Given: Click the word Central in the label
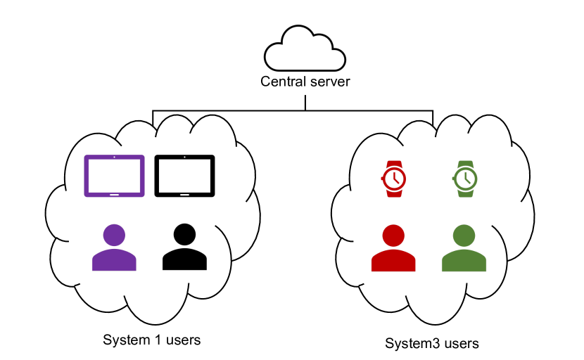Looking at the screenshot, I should coord(281,82).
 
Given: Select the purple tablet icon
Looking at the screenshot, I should coord(114,176).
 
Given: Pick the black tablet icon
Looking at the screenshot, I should coord(184,176).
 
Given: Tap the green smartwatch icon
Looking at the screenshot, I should coord(463,179).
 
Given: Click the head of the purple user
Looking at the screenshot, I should coord(114,235).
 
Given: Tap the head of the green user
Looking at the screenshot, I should coord(464,236).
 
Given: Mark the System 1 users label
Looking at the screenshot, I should coord(152,340).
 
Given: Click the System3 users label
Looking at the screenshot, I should coord(432,344).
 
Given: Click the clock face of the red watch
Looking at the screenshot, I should coord(395,179).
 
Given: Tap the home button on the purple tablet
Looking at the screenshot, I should coord(114,193).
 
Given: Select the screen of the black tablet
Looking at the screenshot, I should coord(184,174).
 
